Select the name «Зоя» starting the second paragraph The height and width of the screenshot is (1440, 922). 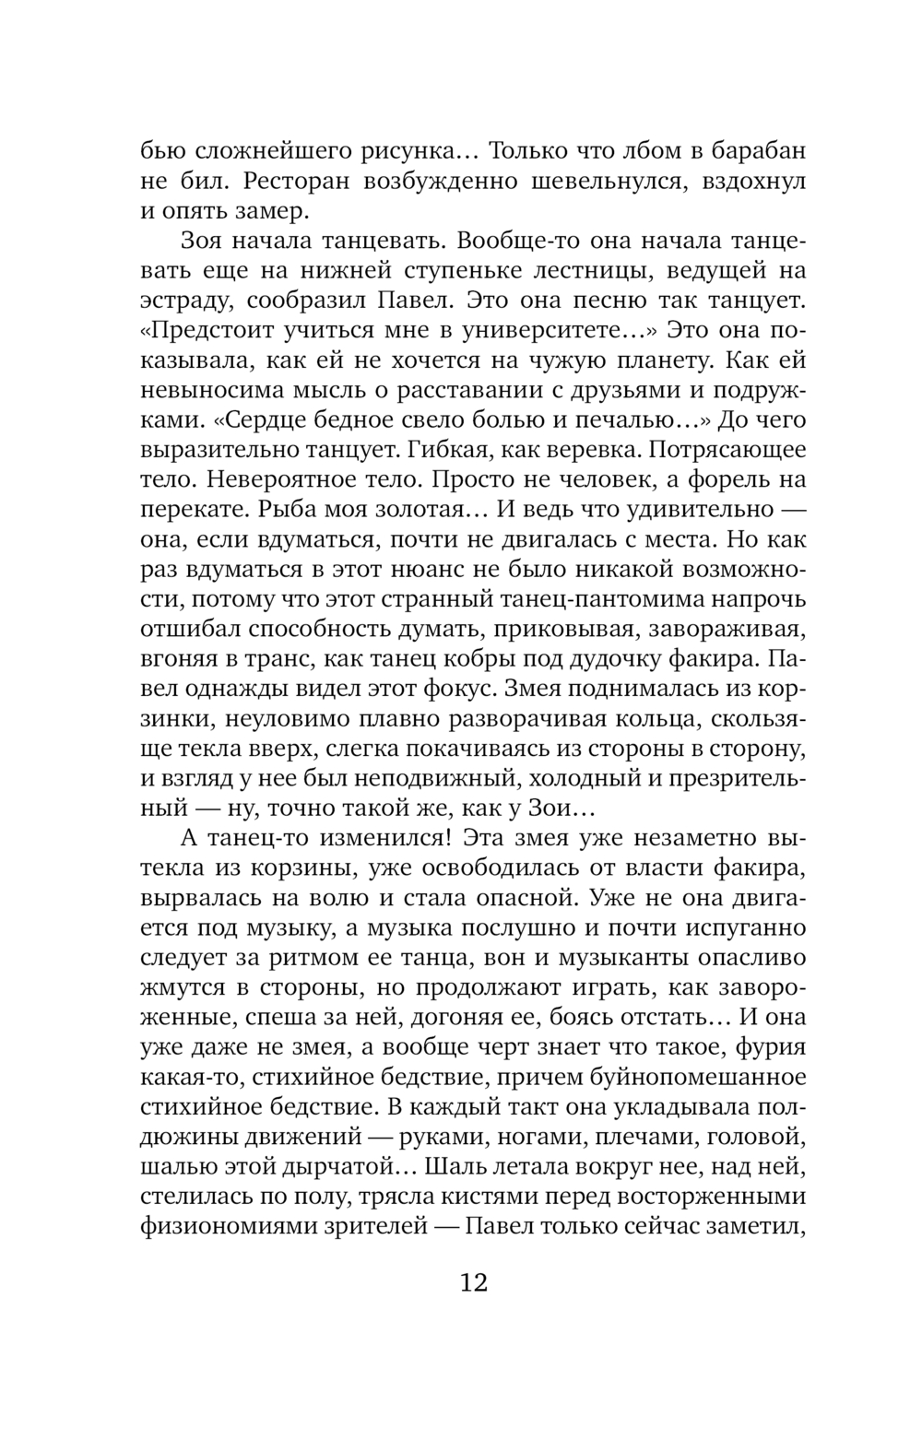[x=206, y=241]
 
